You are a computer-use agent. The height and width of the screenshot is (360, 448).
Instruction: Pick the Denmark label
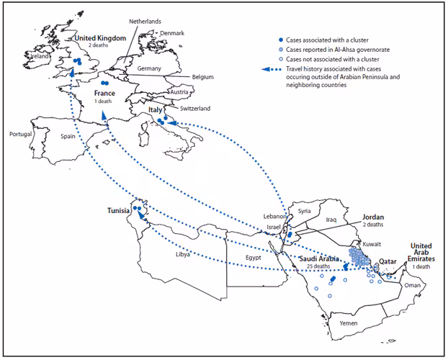point(172,33)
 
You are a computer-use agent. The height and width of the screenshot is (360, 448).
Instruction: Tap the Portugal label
point(22,134)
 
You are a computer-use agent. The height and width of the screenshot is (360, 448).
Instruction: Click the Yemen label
point(348,324)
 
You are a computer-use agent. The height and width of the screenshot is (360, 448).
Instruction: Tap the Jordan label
point(373,217)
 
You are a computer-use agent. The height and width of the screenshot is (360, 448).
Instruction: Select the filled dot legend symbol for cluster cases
point(279,39)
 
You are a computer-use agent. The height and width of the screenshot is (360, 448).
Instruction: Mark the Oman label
point(411,285)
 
